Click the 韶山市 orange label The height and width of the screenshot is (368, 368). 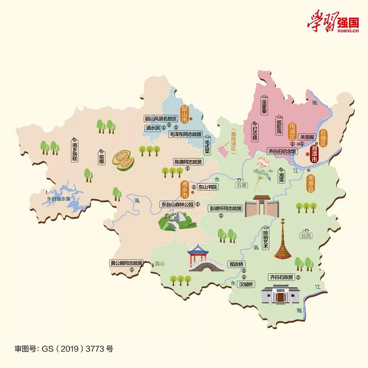[x=184, y=114]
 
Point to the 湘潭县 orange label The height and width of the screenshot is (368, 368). [x=310, y=183]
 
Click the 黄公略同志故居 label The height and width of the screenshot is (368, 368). [x=126, y=263]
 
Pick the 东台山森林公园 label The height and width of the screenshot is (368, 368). [x=178, y=204]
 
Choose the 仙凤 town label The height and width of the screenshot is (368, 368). [x=306, y=235]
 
